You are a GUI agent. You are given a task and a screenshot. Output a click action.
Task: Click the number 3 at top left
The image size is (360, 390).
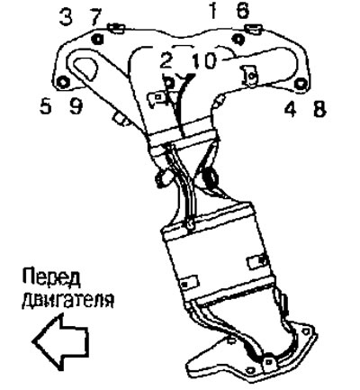pyautogui.click(x=66, y=17)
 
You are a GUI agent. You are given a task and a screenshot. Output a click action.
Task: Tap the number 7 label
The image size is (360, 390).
pyautogui.click(x=96, y=17)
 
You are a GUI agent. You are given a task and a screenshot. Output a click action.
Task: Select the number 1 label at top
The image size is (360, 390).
pyautogui.click(x=213, y=11)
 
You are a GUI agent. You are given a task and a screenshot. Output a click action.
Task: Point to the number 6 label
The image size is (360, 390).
pyautogui.click(x=242, y=11)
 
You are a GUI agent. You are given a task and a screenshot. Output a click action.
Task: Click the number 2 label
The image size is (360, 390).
pyautogui.click(x=166, y=61)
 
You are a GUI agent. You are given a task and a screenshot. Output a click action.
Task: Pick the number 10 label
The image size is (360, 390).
pyautogui.click(x=204, y=61)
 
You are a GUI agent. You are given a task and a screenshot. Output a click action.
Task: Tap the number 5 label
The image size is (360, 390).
pyautogui.click(x=46, y=106)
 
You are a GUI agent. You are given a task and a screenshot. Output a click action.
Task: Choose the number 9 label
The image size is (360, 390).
pyautogui.click(x=76, y=106)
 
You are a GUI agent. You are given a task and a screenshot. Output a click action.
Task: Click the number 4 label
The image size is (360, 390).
pyautogui.click(x=291, y=109)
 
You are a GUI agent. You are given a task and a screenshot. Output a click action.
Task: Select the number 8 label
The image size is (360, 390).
pyautogui.click(x=319, y=109)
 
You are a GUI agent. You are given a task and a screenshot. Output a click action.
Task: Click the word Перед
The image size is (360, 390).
pyautogui.click(x=51, y=277)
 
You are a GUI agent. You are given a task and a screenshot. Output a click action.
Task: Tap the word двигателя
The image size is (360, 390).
pyautogui.click(x=67, y=299)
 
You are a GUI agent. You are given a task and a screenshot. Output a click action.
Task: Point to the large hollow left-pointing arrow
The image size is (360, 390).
pyautogui.click(x=60, y=342)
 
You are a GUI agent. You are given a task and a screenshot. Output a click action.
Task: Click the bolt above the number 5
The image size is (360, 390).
pyautogui.click(x=63, y=82)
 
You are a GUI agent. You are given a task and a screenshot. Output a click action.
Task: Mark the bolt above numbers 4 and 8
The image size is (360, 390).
pyautogui.click(x=301, y=84)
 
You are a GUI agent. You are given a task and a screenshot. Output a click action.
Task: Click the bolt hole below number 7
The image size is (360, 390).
pyautogui.click(x=97, y=39)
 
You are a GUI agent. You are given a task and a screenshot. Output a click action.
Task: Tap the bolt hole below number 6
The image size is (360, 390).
pyautogui.click(x=238, y=39)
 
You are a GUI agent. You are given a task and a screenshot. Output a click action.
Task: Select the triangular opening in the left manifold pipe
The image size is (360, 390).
pyautogui.click(x=86, y=68)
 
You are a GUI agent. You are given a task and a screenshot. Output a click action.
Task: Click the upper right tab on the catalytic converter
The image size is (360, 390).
pyautogui.click(x=256, y=261)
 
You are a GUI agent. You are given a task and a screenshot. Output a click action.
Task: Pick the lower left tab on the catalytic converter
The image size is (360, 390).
pyautogui.click(x=189, y=282)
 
